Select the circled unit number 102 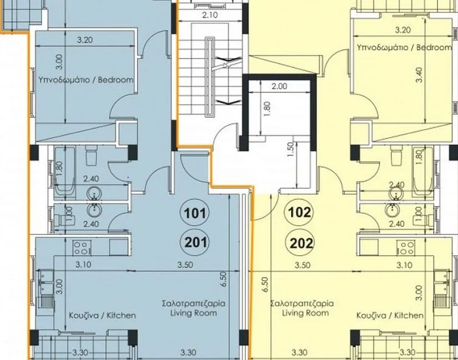tap(299, 213)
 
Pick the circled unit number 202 tap(301, 243)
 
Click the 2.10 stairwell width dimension tap(210, 15)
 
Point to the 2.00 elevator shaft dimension tap(279, 86)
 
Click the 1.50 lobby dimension tap(290, 149)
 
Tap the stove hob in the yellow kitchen tap(406, 247)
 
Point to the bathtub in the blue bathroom tap(65, 172)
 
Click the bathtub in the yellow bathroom tap(422, 172)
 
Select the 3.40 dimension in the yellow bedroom tap(419, 75)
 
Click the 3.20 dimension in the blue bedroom tap(85, 40)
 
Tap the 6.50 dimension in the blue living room tap(223, 279)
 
